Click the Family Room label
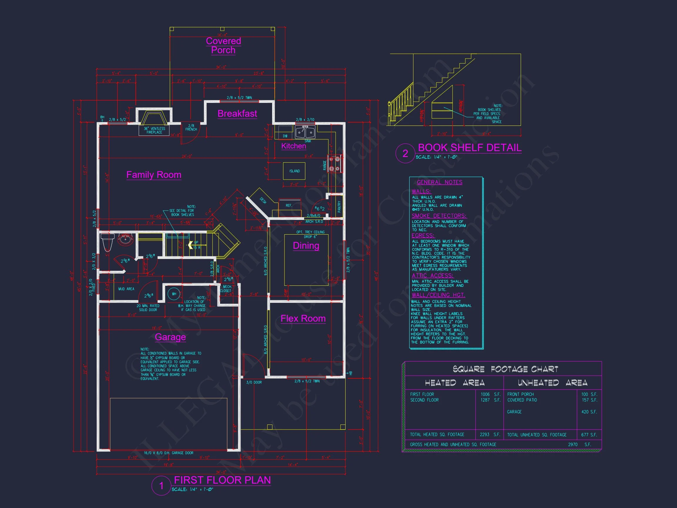[x=154, y=175]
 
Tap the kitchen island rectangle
[x=294, y=171]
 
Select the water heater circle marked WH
[x=174, y=294]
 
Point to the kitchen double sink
[x=305, y=132]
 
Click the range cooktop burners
[x=334, y=164]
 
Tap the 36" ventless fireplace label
[x=154, y=131]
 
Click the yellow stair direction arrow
[x=190, y=245]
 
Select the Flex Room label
[x=303, y=318]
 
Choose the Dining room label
[x=306, y=245]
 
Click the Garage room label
[x=170, y=337]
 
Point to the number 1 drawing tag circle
[x=161, y=486]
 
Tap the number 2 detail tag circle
[x=405, y=153]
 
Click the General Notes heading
[x=440, y=182]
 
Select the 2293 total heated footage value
[x=485, y=435]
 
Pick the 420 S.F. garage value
[x=589, y=412]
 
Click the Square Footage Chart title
[x=505, y=369]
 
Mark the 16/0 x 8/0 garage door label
[x=168, y=453]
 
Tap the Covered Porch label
[x=223, y=45]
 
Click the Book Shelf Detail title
[x=470, y=148]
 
